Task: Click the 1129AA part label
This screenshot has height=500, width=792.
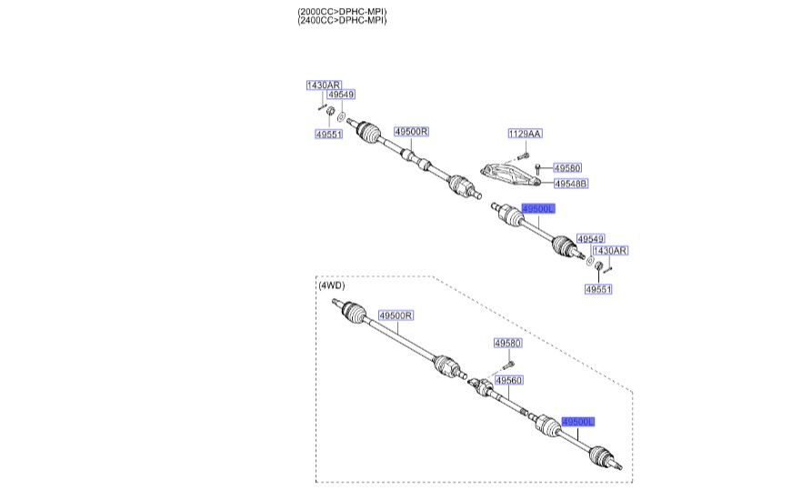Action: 524,134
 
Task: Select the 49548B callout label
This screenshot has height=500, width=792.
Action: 571,183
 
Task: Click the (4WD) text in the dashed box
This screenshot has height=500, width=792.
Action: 332,285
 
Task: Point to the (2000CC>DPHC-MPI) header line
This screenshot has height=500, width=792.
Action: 342,11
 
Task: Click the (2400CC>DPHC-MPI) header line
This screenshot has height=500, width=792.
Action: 342,20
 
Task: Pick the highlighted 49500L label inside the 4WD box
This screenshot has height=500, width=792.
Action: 578,422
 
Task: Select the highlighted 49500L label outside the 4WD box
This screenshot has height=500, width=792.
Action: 537,208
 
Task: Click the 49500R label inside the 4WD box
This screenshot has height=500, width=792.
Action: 396,315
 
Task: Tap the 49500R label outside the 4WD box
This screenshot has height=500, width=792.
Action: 411,131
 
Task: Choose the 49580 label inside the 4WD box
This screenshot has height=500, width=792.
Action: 507,343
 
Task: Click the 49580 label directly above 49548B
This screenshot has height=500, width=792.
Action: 566,167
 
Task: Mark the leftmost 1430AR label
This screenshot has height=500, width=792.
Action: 323,85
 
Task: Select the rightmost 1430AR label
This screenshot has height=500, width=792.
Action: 609,250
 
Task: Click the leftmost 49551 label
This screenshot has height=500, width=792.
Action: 328,134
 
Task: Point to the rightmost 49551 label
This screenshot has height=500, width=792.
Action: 597,289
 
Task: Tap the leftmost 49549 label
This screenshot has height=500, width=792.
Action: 341,95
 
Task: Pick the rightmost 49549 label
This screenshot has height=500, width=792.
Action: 590,238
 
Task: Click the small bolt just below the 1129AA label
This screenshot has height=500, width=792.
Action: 523,157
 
